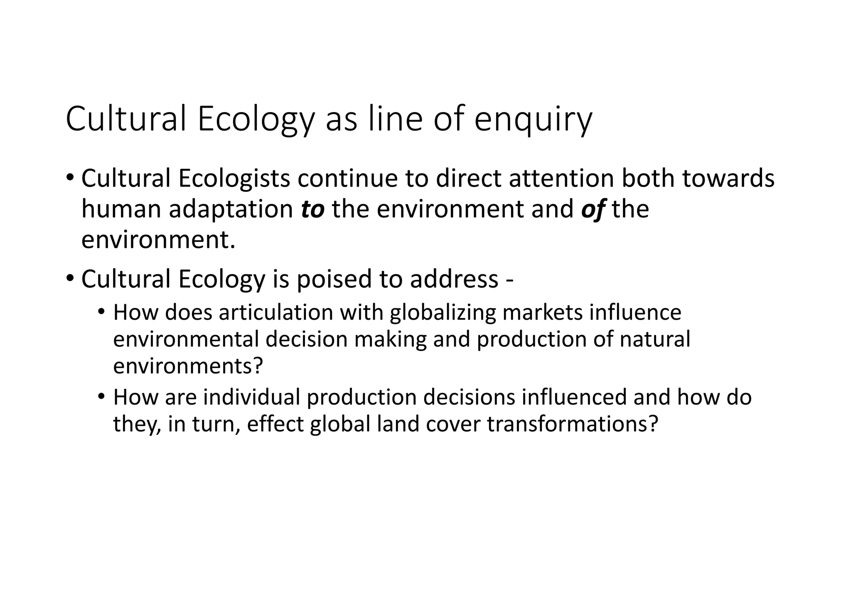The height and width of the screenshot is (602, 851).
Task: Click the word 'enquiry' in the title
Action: coord(533,120)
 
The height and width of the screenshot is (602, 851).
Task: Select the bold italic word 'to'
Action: coord(312,209)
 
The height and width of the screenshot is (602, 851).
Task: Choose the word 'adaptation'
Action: coord(231,209)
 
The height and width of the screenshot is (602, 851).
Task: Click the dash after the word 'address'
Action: coord(510,280)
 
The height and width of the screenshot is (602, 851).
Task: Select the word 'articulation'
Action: coord(276,313)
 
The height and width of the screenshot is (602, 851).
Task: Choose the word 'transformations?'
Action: coord(573,424)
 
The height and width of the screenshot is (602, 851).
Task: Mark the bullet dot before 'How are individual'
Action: coord(101,397)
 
